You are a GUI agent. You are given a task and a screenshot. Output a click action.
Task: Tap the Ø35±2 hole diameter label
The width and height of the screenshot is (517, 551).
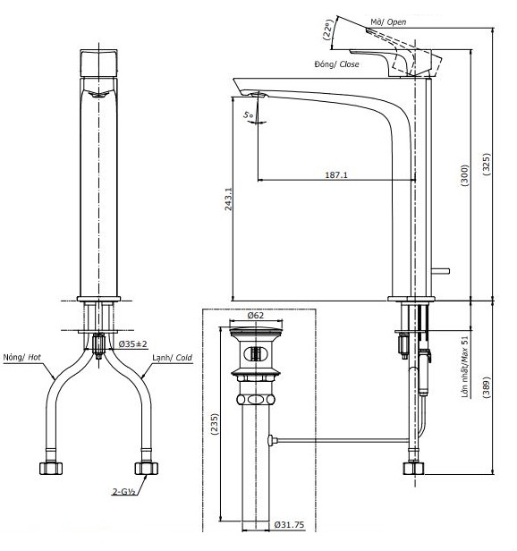(x=132, y=343)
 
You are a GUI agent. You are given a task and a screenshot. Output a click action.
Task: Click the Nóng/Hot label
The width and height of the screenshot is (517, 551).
(x=22, y=357)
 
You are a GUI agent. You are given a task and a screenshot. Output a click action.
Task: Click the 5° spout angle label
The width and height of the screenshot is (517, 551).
(x=248, y=114)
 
